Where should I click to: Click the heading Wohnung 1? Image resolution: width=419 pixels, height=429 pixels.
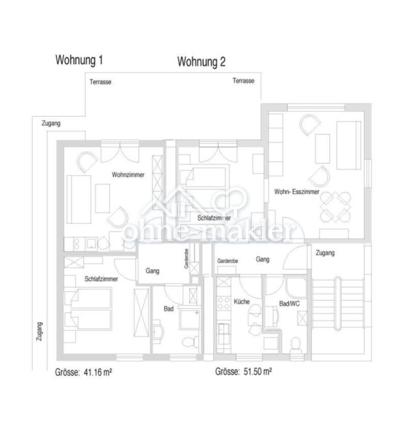pos(79,60)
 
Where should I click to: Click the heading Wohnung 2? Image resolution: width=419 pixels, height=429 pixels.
pos(201,62)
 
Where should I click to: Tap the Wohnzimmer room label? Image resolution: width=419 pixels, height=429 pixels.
pos(128,175)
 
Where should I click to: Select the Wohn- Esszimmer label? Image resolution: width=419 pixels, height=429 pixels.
pos(297,192)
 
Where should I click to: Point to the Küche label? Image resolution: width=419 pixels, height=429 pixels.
pos(241,301)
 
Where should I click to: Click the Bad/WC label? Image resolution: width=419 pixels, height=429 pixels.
pos(289,303)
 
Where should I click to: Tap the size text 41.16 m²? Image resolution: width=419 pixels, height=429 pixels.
pos(98,372)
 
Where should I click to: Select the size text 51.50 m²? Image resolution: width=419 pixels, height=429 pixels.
pos(257,372)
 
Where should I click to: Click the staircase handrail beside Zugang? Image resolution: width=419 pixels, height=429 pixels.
pos(338,304)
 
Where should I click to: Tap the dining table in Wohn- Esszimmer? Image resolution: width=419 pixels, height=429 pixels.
pos(335,207)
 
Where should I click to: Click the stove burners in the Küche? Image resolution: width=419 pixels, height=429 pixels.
pos(223,303)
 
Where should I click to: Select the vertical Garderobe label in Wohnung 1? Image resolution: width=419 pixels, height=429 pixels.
pos(186,258)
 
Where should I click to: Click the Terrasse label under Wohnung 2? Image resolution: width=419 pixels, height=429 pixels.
pos(244,81)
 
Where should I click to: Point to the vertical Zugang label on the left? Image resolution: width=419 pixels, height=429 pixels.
pos(40,331)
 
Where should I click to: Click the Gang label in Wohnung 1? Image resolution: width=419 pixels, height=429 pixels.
pos(152,271)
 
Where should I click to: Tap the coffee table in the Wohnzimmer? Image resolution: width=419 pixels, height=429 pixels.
pos(103,198)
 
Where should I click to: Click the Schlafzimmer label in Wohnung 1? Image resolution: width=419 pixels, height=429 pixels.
pos(101,279)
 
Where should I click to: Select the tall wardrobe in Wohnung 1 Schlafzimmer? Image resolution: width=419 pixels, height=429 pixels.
pos(141,313)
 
